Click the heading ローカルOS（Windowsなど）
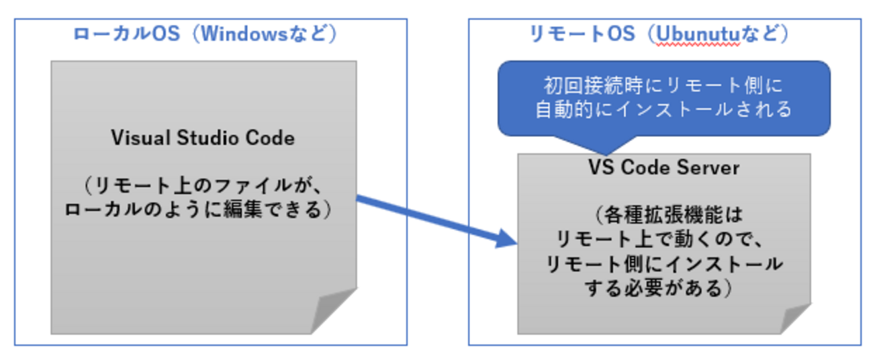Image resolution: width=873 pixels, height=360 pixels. pos(205,36)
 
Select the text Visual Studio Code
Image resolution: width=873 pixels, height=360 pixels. pos(203,138)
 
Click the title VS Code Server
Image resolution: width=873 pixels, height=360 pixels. pos(663,168)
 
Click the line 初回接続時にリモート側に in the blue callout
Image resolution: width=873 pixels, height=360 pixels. pos(663,87)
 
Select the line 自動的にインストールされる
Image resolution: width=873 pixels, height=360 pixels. pos(663,109)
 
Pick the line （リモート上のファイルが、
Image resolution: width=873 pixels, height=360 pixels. pos(203,185)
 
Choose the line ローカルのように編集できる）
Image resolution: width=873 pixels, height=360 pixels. pos(203,209)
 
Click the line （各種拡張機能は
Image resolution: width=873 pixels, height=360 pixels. pos(663,216)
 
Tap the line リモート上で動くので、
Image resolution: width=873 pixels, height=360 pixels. pos(663,240)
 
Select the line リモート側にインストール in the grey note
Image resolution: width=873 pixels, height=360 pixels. pos(663,264)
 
